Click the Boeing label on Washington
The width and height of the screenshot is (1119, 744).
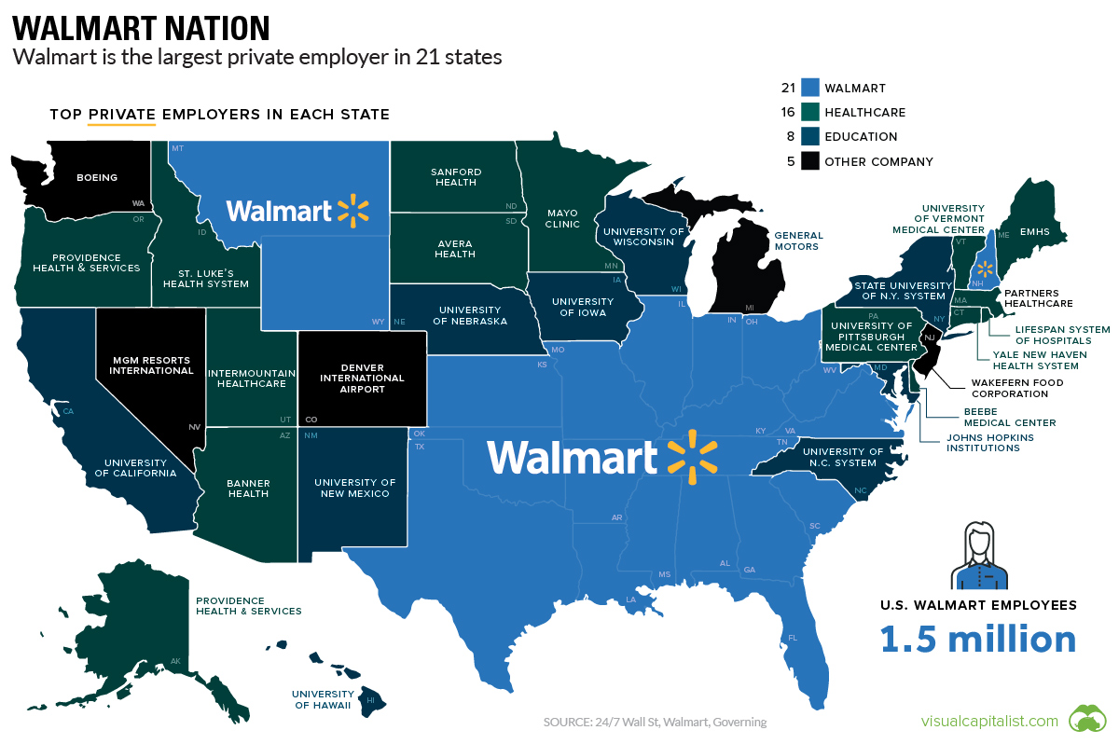(x=97, y=177)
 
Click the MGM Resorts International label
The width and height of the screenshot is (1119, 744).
(x=151, y=364)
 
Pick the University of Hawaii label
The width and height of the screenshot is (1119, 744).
(x=323, y=699)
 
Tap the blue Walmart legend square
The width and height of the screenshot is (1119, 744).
(x=810, y=89)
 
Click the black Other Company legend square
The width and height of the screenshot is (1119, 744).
(x=810, y=161)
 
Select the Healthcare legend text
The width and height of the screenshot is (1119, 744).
(x=864, y=113)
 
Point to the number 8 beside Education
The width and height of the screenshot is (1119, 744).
(x=790, y=137)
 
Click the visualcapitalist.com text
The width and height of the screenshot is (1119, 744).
(x=989, y=721)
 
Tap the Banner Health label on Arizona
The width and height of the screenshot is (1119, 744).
(x=248, y=488)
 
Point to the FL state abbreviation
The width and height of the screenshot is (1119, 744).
(x=793, y=638)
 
